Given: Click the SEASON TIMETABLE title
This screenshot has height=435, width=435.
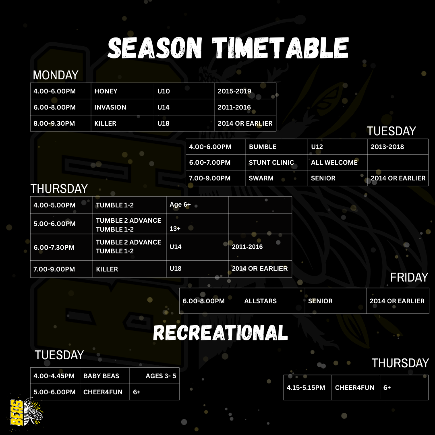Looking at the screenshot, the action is pos(228,48).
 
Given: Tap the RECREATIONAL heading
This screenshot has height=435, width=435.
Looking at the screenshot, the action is pos(220,333).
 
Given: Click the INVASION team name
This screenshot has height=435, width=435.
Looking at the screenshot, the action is pos(110,108).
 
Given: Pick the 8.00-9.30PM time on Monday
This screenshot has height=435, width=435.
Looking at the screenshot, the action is pos(54,124).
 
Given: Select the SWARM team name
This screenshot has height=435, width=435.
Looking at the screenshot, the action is pos(261,178).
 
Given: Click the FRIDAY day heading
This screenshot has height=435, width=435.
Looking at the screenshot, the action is pos(409,278).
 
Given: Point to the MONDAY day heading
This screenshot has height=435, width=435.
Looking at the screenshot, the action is pos(56,75).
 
